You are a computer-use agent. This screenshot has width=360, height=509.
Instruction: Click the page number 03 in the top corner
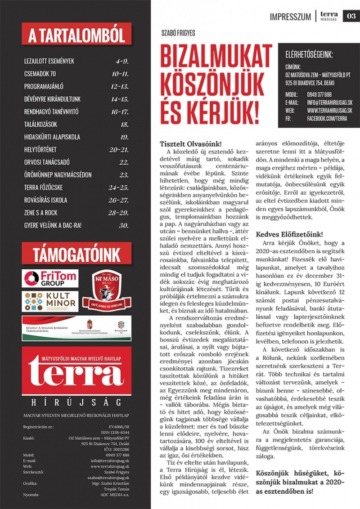tap(351, 16)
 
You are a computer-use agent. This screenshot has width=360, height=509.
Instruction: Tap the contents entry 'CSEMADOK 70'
tap(40, 74)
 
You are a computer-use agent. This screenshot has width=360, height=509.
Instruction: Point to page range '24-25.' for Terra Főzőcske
tap(118, 188)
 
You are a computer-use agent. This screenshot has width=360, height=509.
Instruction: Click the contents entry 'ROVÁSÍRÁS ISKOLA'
tap(46, 200)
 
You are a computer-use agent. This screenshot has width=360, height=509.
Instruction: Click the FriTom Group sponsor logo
tap(50, 278)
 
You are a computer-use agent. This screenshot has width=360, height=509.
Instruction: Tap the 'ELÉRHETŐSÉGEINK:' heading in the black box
tap(309, 55)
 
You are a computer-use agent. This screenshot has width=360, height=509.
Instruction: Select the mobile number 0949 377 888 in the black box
tap(319, 94)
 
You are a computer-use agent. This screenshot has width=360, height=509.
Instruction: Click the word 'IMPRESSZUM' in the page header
tap(290, 17)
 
